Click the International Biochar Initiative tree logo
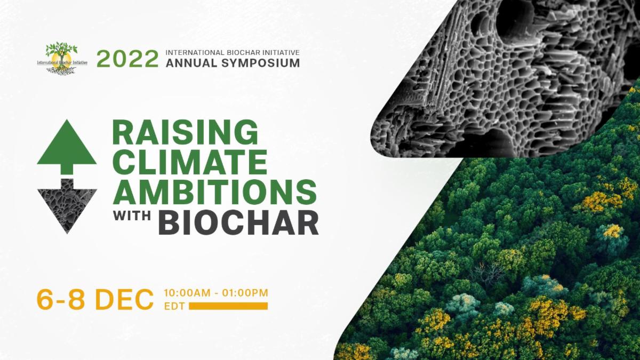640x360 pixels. click(62, 58)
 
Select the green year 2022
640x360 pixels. click(127, 59)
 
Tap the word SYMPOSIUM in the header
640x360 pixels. click(261, 63)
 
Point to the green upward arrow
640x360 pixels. click(67, 147)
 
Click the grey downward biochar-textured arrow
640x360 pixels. click(67, 206)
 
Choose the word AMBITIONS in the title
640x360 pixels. click(215, 191)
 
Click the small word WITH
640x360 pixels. click(132, 215)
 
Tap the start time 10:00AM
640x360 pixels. click(187, 293)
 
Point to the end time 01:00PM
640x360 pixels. click(245, 293)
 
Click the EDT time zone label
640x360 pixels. click(174, 306)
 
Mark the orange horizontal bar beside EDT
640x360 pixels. click(228, 306)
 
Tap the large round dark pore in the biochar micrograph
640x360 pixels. click(515, 21)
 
